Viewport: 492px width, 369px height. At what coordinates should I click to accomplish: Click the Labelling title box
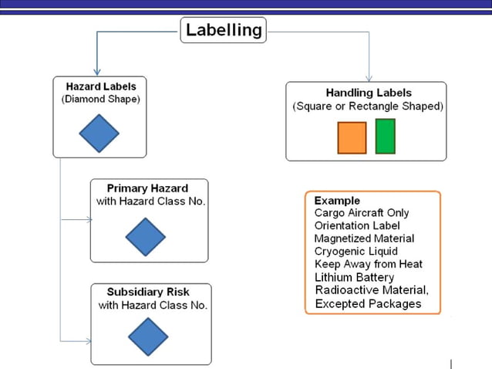click(x=224, y=31)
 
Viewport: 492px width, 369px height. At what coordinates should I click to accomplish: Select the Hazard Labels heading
click(x=100, y=86)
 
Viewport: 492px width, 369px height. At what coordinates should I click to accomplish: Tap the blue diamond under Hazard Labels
click(x=99, y=134)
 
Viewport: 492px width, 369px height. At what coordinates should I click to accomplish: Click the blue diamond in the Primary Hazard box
click(x=145, y=236)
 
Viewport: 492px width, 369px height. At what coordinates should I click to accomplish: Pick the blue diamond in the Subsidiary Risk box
click(x=148, y=337)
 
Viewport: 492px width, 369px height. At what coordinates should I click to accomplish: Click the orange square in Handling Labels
click(x=352, y=137)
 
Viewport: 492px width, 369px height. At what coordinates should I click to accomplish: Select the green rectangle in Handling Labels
click(x=385, y=136)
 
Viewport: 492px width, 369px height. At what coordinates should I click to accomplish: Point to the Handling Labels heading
click(x=369, y=93)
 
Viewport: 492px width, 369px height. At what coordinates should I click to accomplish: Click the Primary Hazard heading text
click(x=147, y=188)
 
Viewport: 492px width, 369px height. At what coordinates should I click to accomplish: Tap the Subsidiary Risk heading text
click(x=148, y=292)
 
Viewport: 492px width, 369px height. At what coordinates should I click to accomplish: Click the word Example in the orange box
click(x=337, y=201)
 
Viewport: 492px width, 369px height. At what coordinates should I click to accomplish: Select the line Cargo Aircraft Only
click(x=362, y=213)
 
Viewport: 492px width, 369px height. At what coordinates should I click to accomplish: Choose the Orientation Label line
click(x=357, y=226)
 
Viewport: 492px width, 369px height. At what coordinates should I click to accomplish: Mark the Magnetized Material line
click(x=364, y=239)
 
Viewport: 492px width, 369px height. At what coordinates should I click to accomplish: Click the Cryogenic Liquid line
click(x=356, y=252)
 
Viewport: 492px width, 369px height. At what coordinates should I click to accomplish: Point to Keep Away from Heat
click(x=368, y=264)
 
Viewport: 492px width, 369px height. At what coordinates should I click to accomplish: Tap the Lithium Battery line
click(x=354, y=277)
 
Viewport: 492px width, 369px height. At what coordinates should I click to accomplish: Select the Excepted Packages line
click(x=368, y=303)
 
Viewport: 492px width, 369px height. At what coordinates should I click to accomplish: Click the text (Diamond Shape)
click(x=101, y=100)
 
